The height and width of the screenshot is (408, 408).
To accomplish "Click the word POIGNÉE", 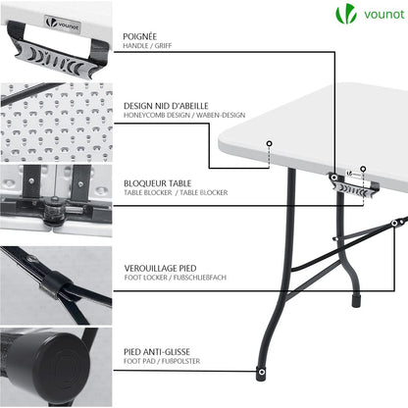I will pos(139,35).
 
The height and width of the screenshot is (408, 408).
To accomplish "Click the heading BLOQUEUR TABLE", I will pos(157,181).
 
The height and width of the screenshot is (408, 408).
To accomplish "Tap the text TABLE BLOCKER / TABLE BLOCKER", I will pos(176,192).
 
